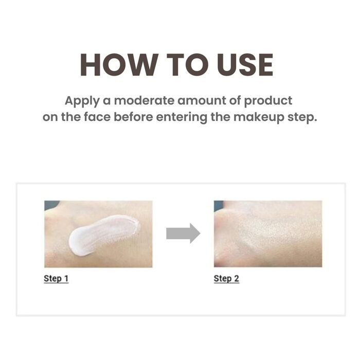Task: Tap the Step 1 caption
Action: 56,279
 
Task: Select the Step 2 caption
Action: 226,279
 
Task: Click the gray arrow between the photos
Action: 183,233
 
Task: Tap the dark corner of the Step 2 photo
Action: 219,204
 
